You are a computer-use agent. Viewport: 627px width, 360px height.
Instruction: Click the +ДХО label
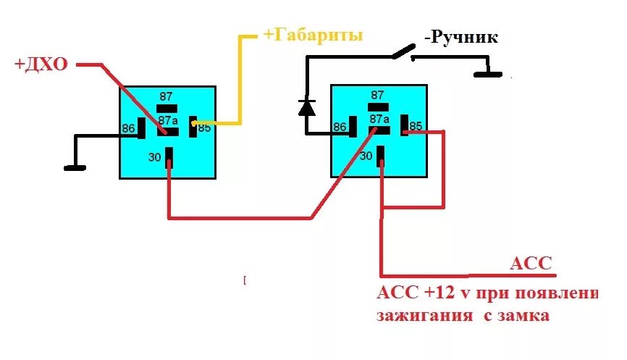pos(41,64)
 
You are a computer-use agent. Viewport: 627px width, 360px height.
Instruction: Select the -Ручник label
pos(462,37)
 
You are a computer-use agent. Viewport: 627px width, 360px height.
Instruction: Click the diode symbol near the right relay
pos(307,107)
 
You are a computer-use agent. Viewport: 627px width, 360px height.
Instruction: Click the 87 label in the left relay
pos(167,95)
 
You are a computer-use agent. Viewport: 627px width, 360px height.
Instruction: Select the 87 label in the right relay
pos(378,95)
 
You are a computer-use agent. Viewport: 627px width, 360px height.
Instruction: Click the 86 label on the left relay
pos(129,128)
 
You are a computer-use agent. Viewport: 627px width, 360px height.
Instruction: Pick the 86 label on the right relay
pos(340,127)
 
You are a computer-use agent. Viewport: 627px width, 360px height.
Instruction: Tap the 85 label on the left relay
pos(204,128)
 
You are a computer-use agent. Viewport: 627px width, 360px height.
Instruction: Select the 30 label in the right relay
pos(366,155)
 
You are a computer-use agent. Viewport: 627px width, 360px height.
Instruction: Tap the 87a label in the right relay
pos(379,119)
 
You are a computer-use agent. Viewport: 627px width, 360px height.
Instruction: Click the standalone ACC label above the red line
pos(531,264)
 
